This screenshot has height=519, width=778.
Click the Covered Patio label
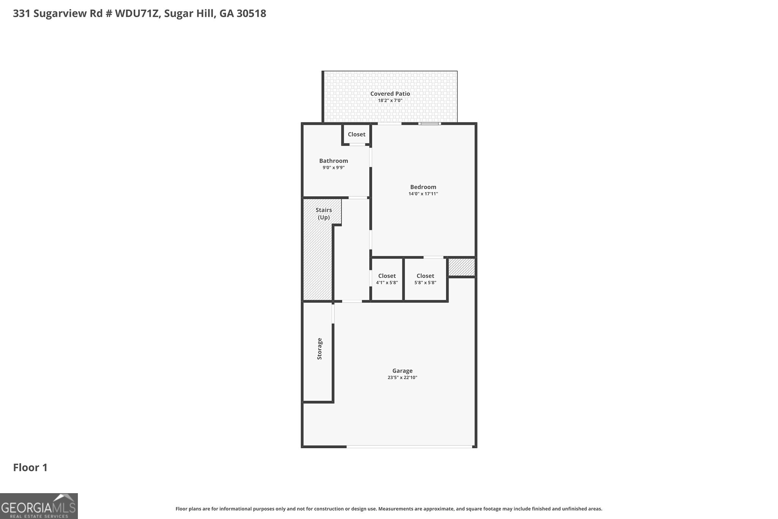point(390,94)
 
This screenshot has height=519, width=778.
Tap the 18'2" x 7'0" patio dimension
point(390,100)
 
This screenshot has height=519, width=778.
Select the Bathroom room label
point(334,161)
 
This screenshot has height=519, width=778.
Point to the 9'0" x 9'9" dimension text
point(334,168)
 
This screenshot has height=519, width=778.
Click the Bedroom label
point(423,187)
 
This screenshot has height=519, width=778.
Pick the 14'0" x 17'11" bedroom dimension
point(423,194)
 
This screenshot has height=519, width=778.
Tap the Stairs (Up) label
point(324,214)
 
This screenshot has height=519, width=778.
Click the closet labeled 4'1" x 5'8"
point(387,279)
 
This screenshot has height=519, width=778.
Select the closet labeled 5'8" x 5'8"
point(425,279)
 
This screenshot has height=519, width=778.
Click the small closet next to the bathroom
point(356,134)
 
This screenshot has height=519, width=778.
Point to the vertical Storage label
point(319,349)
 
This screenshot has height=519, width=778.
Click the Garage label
point(402,371)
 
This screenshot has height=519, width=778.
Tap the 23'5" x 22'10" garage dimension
point(402,378)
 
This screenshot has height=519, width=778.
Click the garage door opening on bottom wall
point(409,447)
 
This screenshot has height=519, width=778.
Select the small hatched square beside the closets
point(462,267)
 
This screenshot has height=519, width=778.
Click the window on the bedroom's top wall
point(430,124)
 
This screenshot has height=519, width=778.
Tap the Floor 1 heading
point(30,468)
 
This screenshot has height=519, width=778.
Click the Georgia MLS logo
point(39,506)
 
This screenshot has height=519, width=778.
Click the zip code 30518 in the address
point(251,14)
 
